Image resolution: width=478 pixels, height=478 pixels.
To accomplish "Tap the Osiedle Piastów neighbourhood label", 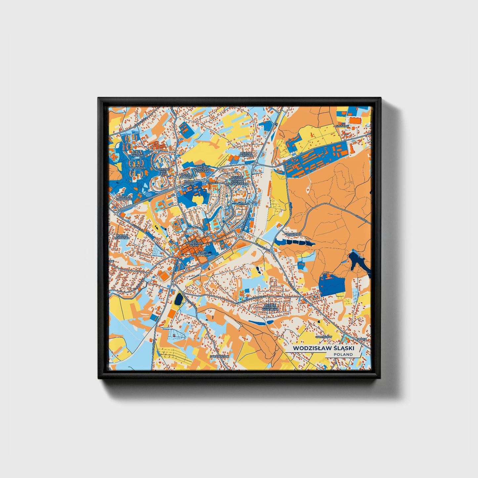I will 137,154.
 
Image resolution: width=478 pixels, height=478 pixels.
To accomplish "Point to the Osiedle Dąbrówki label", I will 125,197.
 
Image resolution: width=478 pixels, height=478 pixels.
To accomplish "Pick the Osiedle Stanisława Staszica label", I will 202,168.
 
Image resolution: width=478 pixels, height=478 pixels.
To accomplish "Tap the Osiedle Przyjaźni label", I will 246,155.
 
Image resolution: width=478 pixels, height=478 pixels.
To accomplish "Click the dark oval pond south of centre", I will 179,299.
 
